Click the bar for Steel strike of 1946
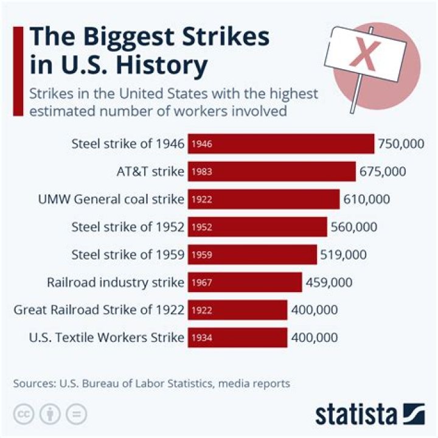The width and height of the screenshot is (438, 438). (x=281, y=144)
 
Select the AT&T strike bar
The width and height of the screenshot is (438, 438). (x=272, y=172)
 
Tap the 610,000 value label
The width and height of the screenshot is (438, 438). (x=367, y=199)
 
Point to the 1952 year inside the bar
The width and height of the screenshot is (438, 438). (x=201, y=227)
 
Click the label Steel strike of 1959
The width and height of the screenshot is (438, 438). (x=128, y=254)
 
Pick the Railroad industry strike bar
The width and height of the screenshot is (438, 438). (x=245, y=282)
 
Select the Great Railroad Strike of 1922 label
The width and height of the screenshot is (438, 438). (x=99, y=310)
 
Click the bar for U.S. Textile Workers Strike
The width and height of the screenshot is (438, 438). (x=237, y=338)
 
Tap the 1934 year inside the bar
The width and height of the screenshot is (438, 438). (x=201, y=338)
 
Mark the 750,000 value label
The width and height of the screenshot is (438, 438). (x=401, y=144)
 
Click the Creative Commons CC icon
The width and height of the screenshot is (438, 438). (x=23, y=414)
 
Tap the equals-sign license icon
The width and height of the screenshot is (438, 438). (x=76, y=414)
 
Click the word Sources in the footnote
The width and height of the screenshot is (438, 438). (x=33, y=383)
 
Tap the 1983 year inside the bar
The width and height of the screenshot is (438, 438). (x=201, y=172)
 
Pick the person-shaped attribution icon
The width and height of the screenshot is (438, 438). (x=49, y=414)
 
